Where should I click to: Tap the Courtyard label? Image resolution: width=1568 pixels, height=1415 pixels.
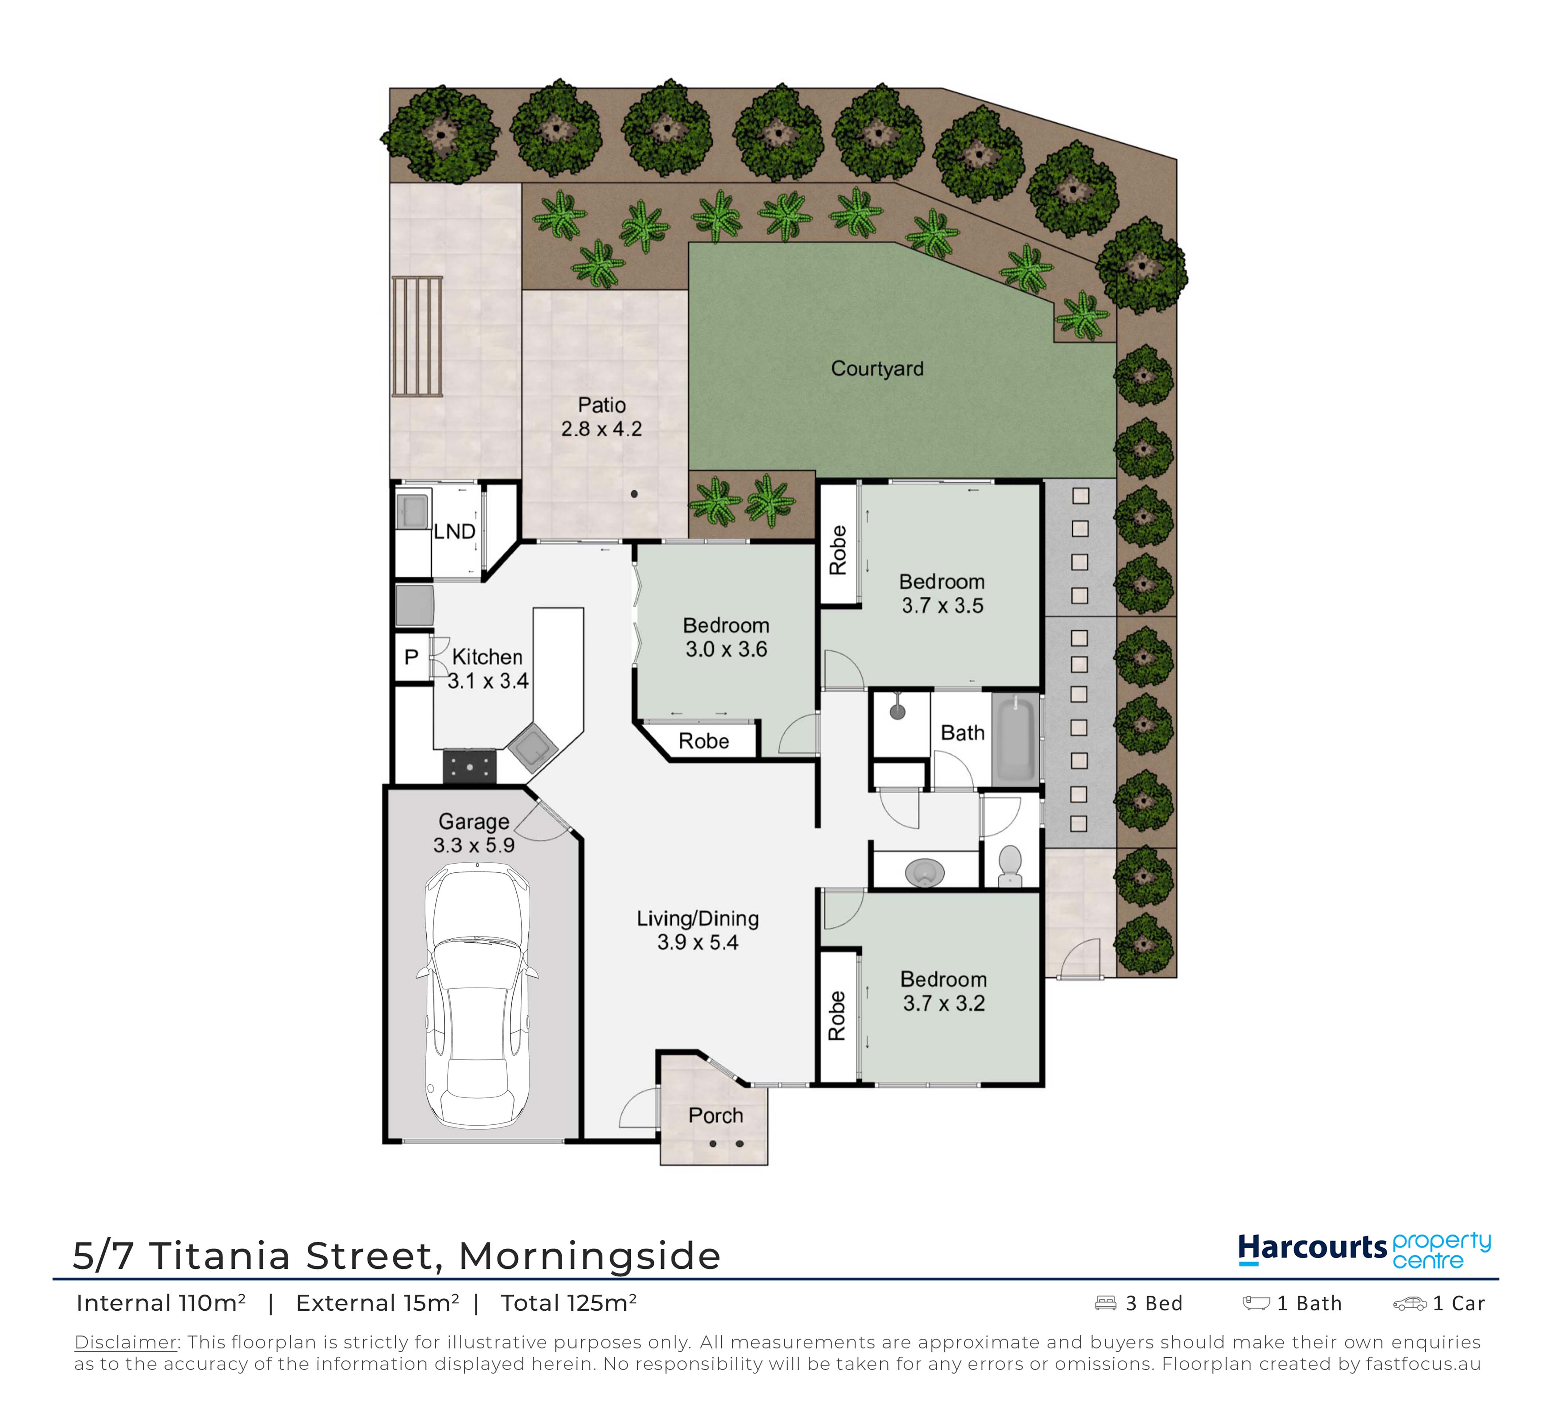point(877,369)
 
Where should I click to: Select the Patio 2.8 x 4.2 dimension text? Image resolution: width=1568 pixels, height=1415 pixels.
point(602,429)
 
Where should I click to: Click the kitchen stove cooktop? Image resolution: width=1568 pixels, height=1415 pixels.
point(470,766)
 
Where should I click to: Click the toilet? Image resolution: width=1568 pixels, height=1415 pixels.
point(1009,865)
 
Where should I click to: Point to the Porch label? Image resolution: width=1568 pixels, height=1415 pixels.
point(715,1116)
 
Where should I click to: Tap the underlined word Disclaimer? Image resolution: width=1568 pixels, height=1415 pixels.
point(125,1343)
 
